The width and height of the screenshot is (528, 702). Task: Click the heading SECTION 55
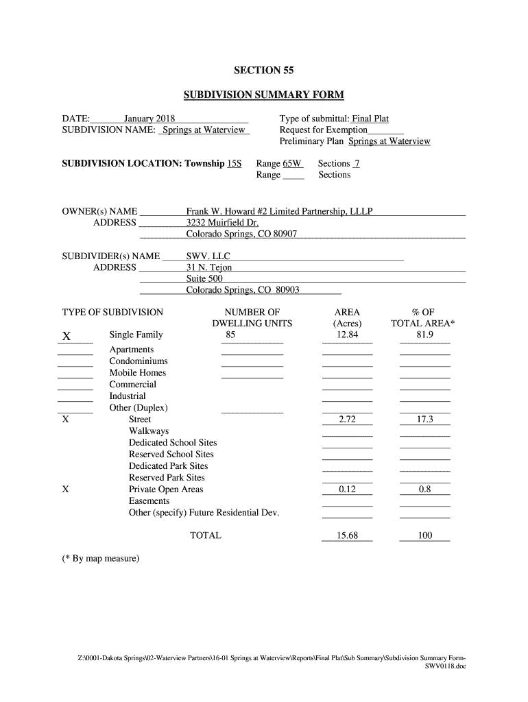click(x=264, y=71)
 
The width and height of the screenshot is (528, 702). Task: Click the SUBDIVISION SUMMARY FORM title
click(x=264, y=95)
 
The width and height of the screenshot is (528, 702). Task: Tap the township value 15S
click(x=235, y=163)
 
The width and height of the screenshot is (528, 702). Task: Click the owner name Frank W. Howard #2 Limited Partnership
click(x=279, y=211)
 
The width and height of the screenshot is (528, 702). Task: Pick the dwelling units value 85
click(x=230, y=335)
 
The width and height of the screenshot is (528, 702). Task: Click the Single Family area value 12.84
click(x=347, y=335)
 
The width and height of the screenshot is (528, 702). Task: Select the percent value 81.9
click(x=424, y=335)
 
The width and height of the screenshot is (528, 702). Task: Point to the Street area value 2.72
click(x=347, y=420)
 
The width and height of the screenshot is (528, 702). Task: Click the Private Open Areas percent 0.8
click(x=424, y=489)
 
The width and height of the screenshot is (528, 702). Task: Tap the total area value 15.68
click(x=347, y=535)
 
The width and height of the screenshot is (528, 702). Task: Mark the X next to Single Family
click(x=67, y=337)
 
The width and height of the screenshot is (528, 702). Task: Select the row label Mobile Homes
click(x=138, y=373)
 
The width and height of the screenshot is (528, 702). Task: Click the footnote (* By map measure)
click(x=101, y=559)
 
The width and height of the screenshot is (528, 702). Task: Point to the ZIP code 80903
click(x=287, y=291)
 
